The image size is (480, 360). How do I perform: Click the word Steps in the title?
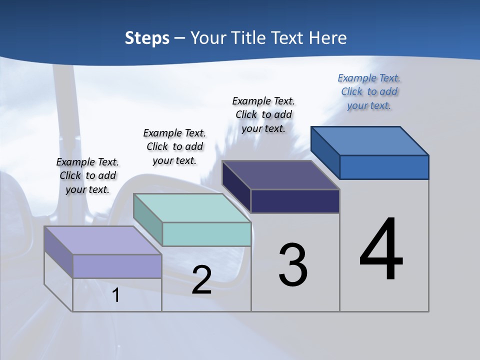[147, 38]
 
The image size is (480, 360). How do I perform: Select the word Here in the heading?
[328, 38]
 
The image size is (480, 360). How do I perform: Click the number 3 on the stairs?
[293, 265]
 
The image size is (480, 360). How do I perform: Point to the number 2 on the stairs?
[201, 280]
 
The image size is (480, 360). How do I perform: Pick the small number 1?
[116, 295]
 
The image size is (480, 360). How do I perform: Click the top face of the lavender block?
[103, 240]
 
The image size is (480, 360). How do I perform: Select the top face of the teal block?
[192, 208]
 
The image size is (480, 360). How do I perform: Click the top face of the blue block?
[370, 140]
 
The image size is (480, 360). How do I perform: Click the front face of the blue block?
[384, 167]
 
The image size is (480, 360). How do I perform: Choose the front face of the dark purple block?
[295, 201]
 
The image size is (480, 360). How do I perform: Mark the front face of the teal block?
[206, 234]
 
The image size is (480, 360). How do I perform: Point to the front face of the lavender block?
[117, 266]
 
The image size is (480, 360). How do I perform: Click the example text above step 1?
[87, 175]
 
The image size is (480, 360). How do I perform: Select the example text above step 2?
[174, 146]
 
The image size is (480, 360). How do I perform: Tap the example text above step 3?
[263, 114]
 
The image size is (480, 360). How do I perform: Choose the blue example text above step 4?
[369, 91]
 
